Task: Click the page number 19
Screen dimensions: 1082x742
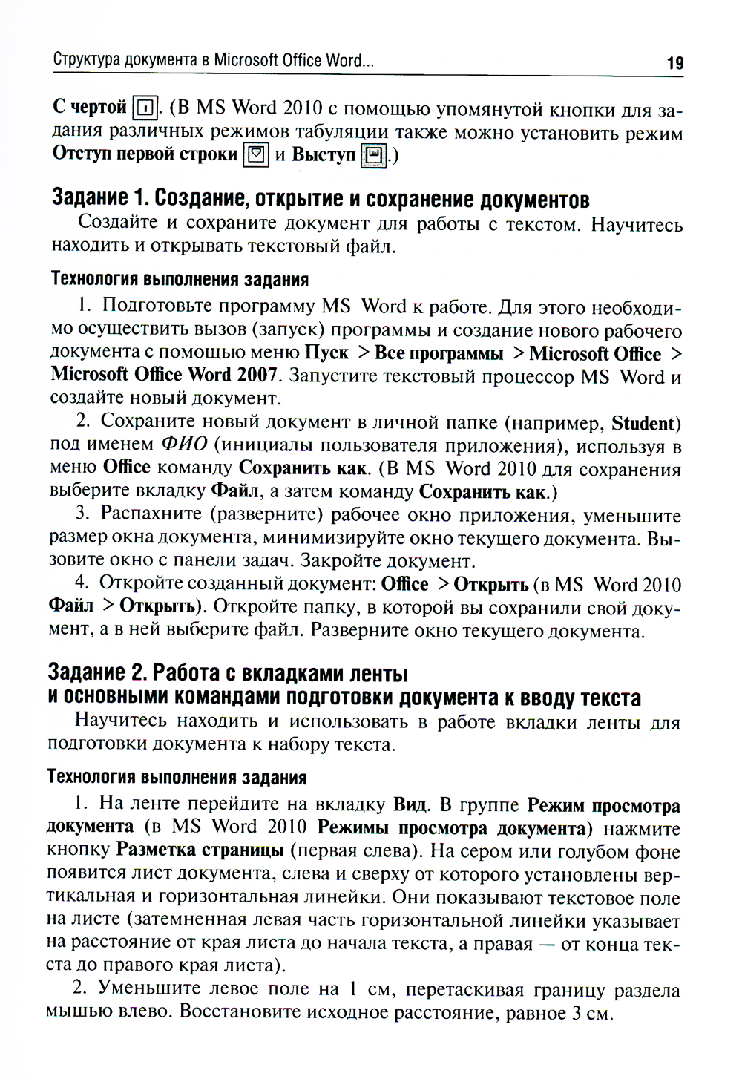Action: point(674,63)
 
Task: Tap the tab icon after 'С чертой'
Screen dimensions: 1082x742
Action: point(145,108)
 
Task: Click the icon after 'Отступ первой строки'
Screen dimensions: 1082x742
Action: point(256,154)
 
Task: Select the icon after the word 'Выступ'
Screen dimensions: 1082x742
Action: point(373,155)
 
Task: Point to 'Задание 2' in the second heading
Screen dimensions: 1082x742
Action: point(86,672)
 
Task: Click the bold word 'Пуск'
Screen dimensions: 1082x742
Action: point(326,353)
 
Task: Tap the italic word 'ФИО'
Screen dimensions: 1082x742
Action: point(184,445)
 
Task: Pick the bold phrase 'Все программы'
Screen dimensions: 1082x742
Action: point(439,353)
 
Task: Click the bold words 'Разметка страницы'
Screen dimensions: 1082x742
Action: point(200,849)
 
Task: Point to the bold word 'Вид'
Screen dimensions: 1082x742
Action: point(410,804)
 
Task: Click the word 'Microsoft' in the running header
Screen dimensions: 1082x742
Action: point(246,60)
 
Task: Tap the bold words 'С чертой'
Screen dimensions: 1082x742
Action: point(90,108)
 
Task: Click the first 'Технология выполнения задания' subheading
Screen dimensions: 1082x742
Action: point(180,280)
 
